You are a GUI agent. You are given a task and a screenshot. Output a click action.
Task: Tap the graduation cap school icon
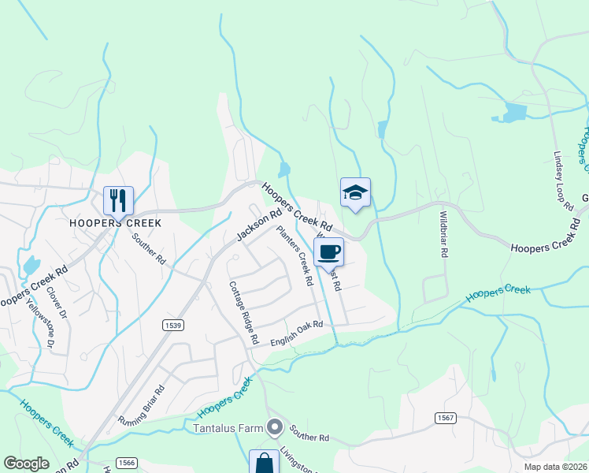coord(355,192)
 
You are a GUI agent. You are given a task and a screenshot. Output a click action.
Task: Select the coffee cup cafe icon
coord(328,252)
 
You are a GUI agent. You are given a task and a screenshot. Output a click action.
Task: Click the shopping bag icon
coord(264,463)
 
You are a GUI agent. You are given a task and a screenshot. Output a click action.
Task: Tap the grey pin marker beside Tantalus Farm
coord(275,428)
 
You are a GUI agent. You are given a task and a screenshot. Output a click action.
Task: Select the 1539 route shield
coord(174,325)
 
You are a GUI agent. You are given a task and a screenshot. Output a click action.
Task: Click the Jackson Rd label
coord(259,225)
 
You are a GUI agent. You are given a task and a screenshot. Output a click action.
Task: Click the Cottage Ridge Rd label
coord(243,313)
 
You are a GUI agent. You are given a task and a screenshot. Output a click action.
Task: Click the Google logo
coord(26,464)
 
